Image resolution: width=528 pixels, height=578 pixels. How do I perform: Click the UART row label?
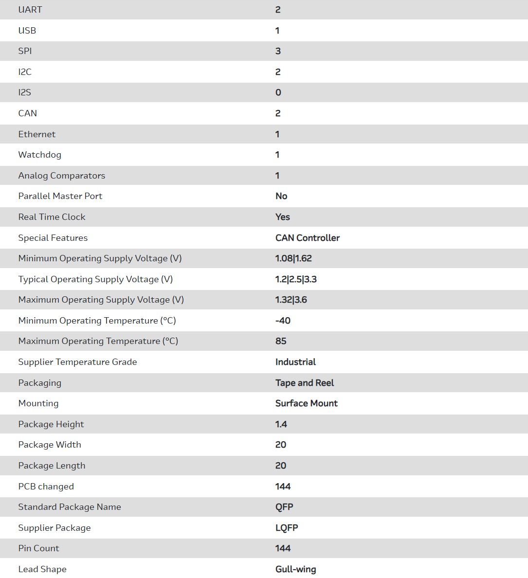pyautogui.click(x=30, y=10)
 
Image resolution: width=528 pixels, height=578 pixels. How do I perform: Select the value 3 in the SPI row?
pyautogui.click(x=278, y=51)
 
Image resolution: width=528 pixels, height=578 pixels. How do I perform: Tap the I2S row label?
pyautogui.click(x=25, y=92)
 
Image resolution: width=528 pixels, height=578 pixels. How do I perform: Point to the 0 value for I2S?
pyautogui.click(x=278, y=92)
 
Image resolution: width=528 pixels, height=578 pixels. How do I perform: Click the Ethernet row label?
pyautogui.click(x=37, y=134)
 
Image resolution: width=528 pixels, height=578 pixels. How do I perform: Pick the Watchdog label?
pyautogui.click(x=40, y=155)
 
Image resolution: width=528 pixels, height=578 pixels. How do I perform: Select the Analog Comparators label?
pyautogui.click(x=62, y=176)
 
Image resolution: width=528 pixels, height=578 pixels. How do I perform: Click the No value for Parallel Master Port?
pyautogui.click(x=281, y=196)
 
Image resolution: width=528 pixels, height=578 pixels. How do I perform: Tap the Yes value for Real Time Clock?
pyautogui.click(x=283, y=217)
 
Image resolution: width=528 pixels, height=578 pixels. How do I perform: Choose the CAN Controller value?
pyautogui.click(x=308, y=238)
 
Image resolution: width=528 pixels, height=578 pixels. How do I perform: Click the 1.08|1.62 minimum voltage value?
pyautogui.click(x=293, y=258)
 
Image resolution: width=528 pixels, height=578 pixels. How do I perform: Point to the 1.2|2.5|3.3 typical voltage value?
pyautogui.click(x=296, y=279)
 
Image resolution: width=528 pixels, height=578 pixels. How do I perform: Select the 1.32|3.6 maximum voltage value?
pyautogui.click(x=291, y=300)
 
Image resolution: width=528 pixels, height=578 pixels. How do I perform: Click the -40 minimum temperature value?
pyautogui.click(x=283, y=321)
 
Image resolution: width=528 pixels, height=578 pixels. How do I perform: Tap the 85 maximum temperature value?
pyautogui.click(x=281, y=341)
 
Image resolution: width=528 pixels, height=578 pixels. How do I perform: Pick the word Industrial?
pyautogui.click(x=295, y=362)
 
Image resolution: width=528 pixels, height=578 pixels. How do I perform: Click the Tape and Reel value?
pyautogui.click(x=305, y=383)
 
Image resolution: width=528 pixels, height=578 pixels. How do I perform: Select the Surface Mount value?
pyautogui.click(x=307, y=403)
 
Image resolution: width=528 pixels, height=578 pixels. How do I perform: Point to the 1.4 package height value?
pyautogui.click(x=281, y=424)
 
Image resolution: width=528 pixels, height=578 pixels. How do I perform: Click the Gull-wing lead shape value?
pyautogui.click(x=296, y=569)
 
